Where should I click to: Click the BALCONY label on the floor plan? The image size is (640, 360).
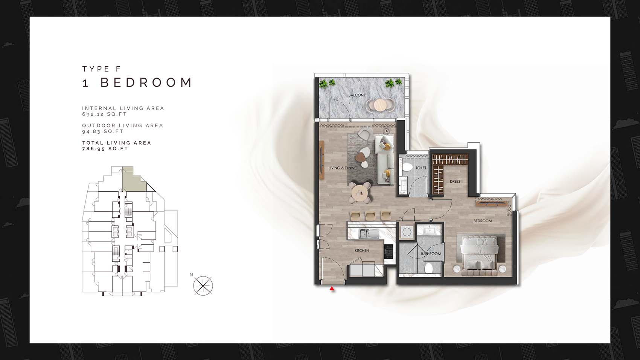tap(357, 95)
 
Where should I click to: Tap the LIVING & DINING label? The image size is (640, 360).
tap(343, 168)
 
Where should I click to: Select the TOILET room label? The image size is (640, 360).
tap(421, 168)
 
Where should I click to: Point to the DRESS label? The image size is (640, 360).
tap(455, 182)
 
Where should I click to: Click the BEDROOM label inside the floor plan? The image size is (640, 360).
tap(483, 221)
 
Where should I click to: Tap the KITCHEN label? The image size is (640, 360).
tap(362, 250)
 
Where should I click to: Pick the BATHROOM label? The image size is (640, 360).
tap(431, 254)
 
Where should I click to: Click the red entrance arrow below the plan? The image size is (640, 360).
tap(332, 288)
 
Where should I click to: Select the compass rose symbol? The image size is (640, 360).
tap(203, 286)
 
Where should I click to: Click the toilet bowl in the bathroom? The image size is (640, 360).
tap(428, 268)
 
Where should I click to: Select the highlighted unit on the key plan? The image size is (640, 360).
tap(133, 180)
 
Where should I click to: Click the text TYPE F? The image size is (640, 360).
tap(102, 69)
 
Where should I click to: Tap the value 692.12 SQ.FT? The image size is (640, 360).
tap(105, 114)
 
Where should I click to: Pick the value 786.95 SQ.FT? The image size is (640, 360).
tap(105, 149)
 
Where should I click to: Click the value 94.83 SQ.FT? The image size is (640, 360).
tap(103, 131)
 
